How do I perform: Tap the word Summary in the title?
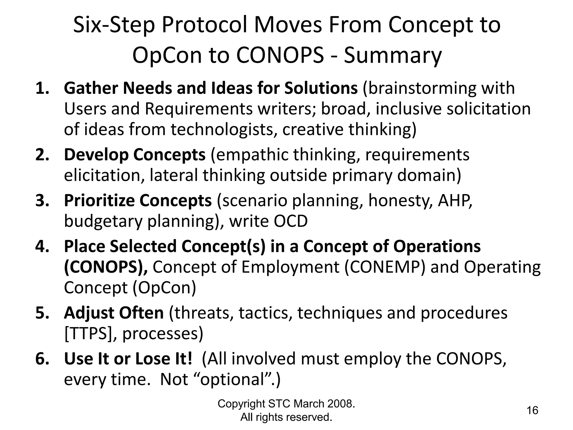tap(393, 55)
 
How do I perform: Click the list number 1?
tap(42, 88)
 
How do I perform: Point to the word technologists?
tap(224, 130)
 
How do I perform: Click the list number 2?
tap(42, 155)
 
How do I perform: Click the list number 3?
tap(42, 200)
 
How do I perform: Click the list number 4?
tap(42, 246)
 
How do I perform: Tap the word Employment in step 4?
tap(290, 267)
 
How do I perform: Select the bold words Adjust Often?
tap(114, 313)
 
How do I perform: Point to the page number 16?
tap(532, 410)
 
